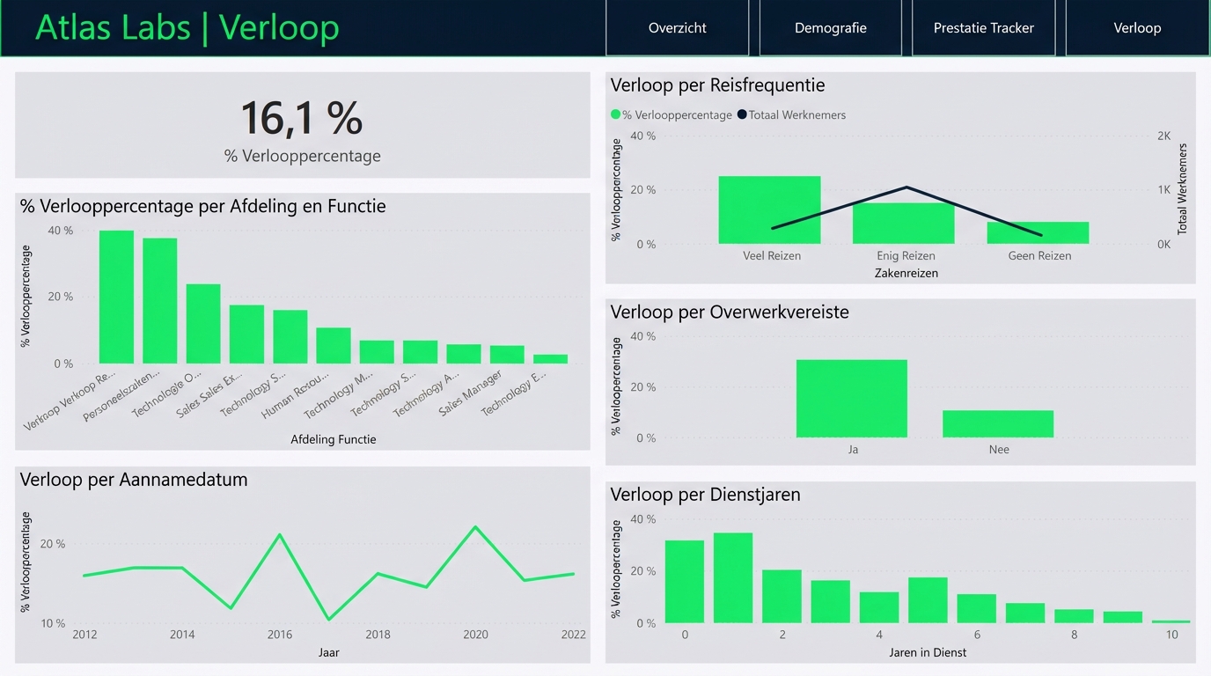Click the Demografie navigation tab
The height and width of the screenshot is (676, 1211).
[830, 28]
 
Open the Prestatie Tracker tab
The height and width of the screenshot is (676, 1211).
[983, 28]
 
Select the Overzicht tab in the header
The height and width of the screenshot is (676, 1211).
[677, 28]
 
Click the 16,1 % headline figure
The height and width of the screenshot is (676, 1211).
[301, 119]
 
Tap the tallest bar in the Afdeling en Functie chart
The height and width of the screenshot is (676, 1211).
[116, 298]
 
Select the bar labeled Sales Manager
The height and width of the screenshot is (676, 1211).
[507, 355]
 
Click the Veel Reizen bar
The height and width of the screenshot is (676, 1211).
[769, 210]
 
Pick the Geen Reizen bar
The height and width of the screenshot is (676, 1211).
[1038, 233]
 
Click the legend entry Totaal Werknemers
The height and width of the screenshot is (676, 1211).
[796, 115]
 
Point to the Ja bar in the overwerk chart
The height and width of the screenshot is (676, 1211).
[851, 399]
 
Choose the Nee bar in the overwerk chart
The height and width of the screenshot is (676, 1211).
[997, 424]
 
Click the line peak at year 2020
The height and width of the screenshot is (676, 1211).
[475, 527]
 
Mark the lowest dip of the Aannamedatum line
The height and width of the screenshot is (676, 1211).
[328, 619]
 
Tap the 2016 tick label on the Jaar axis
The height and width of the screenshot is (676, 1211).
[280, 635]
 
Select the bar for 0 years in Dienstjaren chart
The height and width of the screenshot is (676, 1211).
[684, 582]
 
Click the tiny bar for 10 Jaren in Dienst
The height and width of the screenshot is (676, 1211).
[1171, 621]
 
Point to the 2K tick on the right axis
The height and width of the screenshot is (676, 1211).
[1163, 136]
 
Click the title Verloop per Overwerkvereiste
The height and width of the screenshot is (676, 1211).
[730, 312]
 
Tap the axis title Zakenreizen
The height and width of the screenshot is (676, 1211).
[906, 273]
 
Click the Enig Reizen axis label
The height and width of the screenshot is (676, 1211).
[906, 256]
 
